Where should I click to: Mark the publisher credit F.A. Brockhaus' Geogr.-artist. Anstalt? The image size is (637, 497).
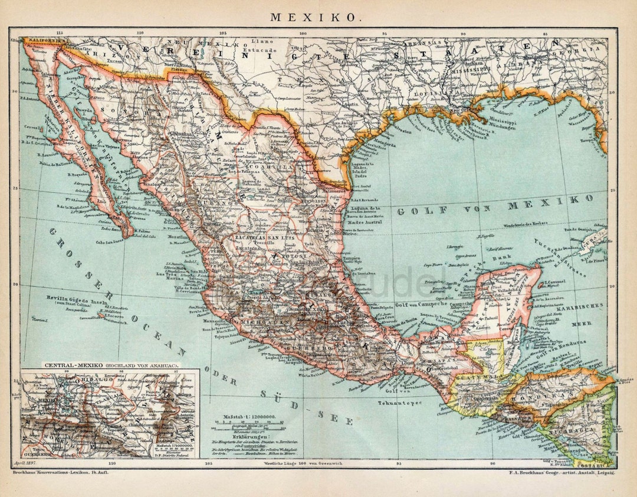click(560, 473)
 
